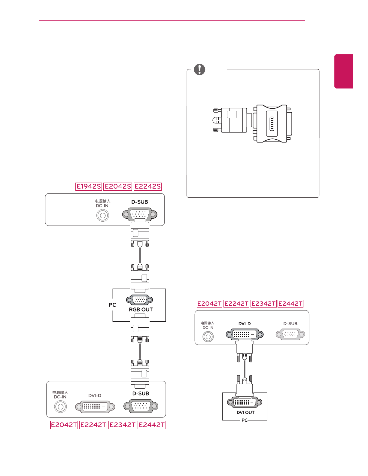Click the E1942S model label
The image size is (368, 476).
[x=89, y=186]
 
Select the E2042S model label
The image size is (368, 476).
[x=117, y=186]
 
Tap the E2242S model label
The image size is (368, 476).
[x=148, y=186]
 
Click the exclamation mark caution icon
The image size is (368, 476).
[x=199, y=70]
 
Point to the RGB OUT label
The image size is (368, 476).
[x=141, y=310]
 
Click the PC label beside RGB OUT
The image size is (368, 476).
[x=112, y=305]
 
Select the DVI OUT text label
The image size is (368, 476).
[x=245, y=413]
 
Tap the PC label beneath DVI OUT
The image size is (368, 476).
[x=245, y=420]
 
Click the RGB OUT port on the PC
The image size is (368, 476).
[x=139, y=300]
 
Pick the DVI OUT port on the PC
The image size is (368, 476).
[x=245, y=402]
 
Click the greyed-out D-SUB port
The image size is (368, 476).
[x=290, y=334]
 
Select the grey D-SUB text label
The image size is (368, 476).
[x=290, y=324]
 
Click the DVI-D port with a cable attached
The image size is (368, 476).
[x=245, y=334]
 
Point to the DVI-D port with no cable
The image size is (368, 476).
[x=95, y=407]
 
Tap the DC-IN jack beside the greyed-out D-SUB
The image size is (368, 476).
[x=208, y=337]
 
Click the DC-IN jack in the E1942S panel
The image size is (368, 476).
[x=102, y=216]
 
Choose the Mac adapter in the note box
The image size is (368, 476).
[x=272, y=123]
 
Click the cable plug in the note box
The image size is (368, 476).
[x=231, y=120]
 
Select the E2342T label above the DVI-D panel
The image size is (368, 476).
[x=263, y=304]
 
